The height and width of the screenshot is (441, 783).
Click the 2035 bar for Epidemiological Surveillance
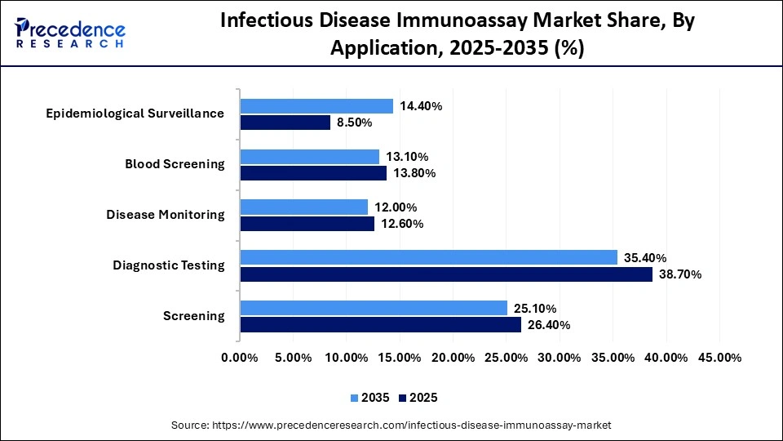316,106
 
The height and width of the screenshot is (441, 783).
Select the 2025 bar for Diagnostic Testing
446,274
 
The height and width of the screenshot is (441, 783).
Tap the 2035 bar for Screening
374,308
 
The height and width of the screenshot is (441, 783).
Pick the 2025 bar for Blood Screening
313,173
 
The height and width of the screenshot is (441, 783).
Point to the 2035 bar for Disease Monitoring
304,207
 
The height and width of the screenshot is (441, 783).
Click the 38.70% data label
679,274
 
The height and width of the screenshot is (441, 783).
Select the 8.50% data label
355,122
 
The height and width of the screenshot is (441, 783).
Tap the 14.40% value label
421,106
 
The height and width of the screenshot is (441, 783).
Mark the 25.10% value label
534,308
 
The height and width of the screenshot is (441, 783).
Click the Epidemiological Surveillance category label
135,114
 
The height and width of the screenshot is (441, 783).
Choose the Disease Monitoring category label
165,215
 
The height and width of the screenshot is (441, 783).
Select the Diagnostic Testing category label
168,265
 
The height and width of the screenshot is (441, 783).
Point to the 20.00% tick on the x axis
453,358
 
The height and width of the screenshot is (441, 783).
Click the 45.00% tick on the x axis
719,358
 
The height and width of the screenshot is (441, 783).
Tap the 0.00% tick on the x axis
240,358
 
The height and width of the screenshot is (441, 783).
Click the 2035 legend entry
369,398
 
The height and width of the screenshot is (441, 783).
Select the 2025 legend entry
419,398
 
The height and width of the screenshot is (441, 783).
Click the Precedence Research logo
70,33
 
